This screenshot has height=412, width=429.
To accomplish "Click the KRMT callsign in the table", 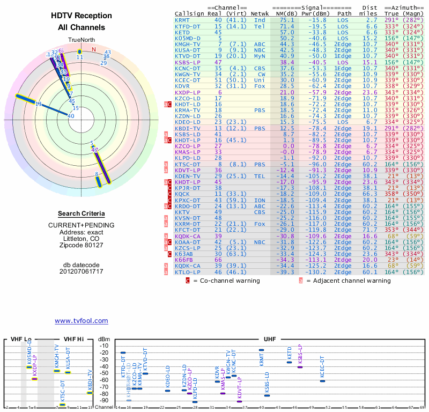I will tap(182, 20).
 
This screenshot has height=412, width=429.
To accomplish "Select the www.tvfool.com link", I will tap(82, 321).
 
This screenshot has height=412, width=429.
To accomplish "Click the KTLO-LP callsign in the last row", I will tap(187, 272).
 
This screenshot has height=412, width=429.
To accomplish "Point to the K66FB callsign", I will tap(184, 259).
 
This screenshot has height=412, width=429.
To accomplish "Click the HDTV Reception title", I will tap(82, 16).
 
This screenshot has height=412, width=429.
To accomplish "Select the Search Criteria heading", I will tap(82, 214).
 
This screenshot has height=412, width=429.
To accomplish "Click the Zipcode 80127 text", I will tap(82, 245).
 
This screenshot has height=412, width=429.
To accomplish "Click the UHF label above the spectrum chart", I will tap(270, 339).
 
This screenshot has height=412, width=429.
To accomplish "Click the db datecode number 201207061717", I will tap(82, 271).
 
